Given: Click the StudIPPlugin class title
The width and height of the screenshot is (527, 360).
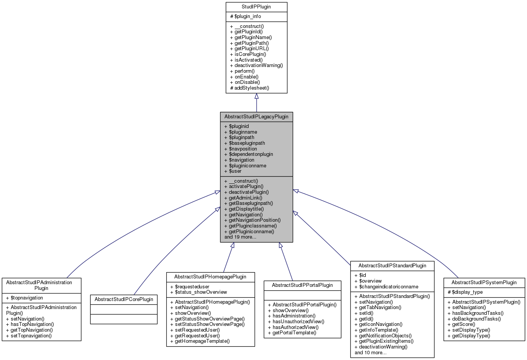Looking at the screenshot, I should pyautogui.click(x=256, y=7).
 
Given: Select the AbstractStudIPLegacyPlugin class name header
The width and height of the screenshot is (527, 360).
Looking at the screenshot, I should pyautogui.click(x=256, y=117).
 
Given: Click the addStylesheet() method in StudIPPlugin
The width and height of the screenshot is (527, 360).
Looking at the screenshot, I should pyautogui.click(x=250, y=88).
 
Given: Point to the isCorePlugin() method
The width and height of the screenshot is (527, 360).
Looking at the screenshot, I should pyautogui.click(x=248, y=54).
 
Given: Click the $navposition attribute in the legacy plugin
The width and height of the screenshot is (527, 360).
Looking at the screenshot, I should pyautogui.click(x=241, y=149).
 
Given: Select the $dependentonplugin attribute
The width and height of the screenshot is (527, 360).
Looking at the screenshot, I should pyautogui.click(x=249, y=154).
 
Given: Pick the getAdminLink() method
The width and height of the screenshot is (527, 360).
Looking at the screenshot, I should pyautogui.click(x=243, y=198).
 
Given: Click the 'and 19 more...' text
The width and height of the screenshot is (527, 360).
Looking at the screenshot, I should pyautogui.click(x=240, y=237).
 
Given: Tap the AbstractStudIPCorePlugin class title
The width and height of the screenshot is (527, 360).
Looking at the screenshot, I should pyautogui.click(x=124, y=299).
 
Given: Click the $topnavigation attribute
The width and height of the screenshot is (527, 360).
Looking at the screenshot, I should pyautogui.click(x=25, y=298).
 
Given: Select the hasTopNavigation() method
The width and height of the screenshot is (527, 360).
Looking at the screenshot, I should pyautogui.click(x=30, y=324).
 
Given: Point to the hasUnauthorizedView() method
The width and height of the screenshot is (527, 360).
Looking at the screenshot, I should pyautogui.click(x=296, y=322).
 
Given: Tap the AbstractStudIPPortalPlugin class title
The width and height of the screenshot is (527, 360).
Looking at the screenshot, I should pyautogui.click(x=302, y=285).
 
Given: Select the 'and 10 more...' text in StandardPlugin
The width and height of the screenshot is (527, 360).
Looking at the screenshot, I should pyautogui.click(x=370, y=353).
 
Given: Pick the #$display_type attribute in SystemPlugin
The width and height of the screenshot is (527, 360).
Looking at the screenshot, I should pyautogui.click(x=465, y=292).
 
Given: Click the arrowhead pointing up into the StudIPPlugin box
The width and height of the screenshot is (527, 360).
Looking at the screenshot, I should pyautogui.click(x=257, y=97).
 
